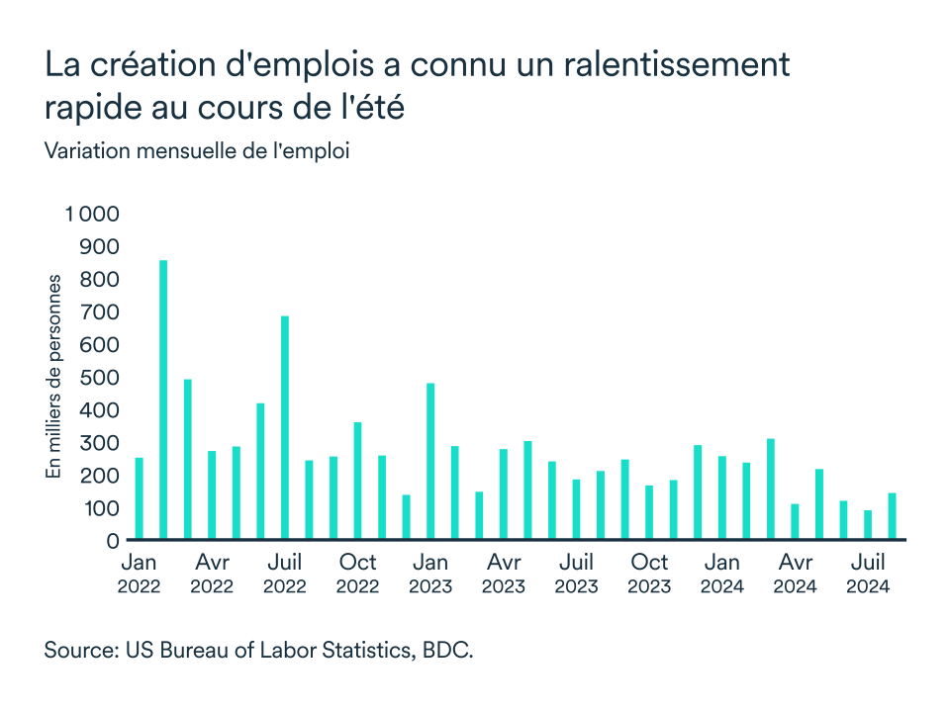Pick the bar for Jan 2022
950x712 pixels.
pyautogui.click(x=140, y=499)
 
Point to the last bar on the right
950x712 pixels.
pyautogui.click(x=892, y=516)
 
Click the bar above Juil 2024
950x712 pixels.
pyautogui.click(x=868, y=525)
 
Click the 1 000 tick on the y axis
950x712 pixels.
pyautogui.click(x=91, y=215)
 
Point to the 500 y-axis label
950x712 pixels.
pyautogui.click(x=99, y=378)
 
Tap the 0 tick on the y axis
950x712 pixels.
pyautogui.click(x=112, y=541)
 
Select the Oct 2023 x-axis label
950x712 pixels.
pyautogui.click(x=649, y=574)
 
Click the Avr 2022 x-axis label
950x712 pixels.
pyautogui.click(x=212, y=574)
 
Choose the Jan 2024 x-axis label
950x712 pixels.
pyautogui.click(x=722, y=574)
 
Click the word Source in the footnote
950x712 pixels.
pyautogui.click(x=78, y=652)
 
